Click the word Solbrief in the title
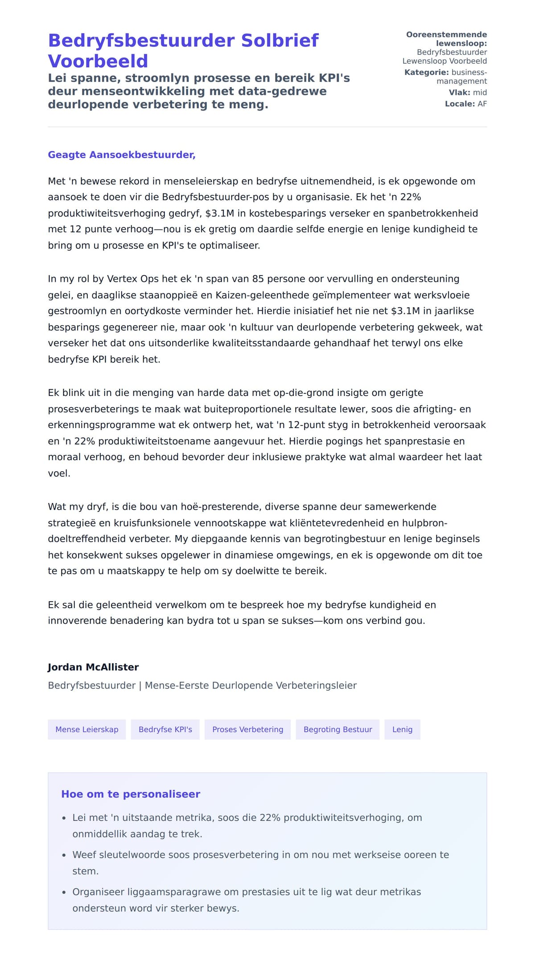[280, 41]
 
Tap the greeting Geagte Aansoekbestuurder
[121, 155]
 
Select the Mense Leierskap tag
[87, 729]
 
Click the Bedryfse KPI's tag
[165, 729]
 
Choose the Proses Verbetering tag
[247, 729]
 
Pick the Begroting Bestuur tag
[337, 729]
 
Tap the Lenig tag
[402, 729]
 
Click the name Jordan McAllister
[93, 667]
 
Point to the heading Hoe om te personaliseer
[131, 794]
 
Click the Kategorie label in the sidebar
[426, 72]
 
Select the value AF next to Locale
[482, 104]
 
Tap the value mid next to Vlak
[480, 92]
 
